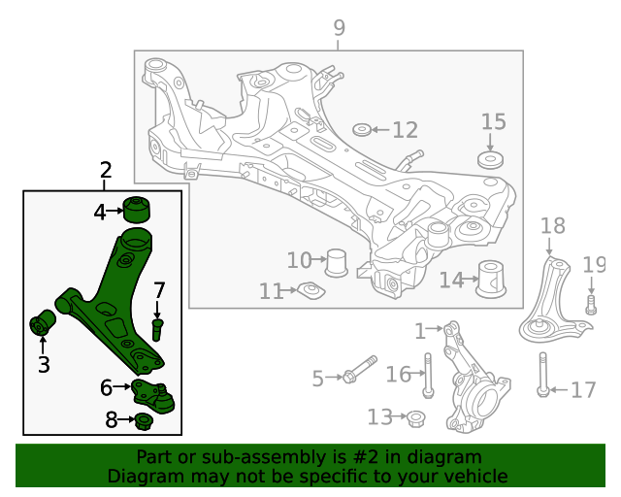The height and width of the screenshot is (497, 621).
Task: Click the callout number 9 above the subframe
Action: point(339,28)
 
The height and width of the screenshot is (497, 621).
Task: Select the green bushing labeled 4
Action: point(139,209)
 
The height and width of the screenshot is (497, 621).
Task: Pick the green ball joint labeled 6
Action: point(155,394)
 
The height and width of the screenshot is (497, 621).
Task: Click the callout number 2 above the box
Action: point(106,171)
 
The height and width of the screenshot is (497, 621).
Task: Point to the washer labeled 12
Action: point(360,130)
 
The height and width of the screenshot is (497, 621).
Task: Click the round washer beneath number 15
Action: point(492,159)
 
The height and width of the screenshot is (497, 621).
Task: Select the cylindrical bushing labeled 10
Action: point(338,261)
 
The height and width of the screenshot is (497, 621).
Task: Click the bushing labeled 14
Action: point(494,281)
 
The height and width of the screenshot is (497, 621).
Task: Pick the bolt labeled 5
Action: point(359,372)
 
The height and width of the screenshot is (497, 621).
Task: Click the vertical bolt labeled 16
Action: point(427,376)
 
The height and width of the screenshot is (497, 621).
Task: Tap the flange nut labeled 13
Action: point(413,418)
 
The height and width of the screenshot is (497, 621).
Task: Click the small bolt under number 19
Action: point(591,306)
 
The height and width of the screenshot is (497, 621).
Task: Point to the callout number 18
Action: point(552,226)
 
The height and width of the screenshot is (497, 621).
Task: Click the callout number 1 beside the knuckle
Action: point(420,331)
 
